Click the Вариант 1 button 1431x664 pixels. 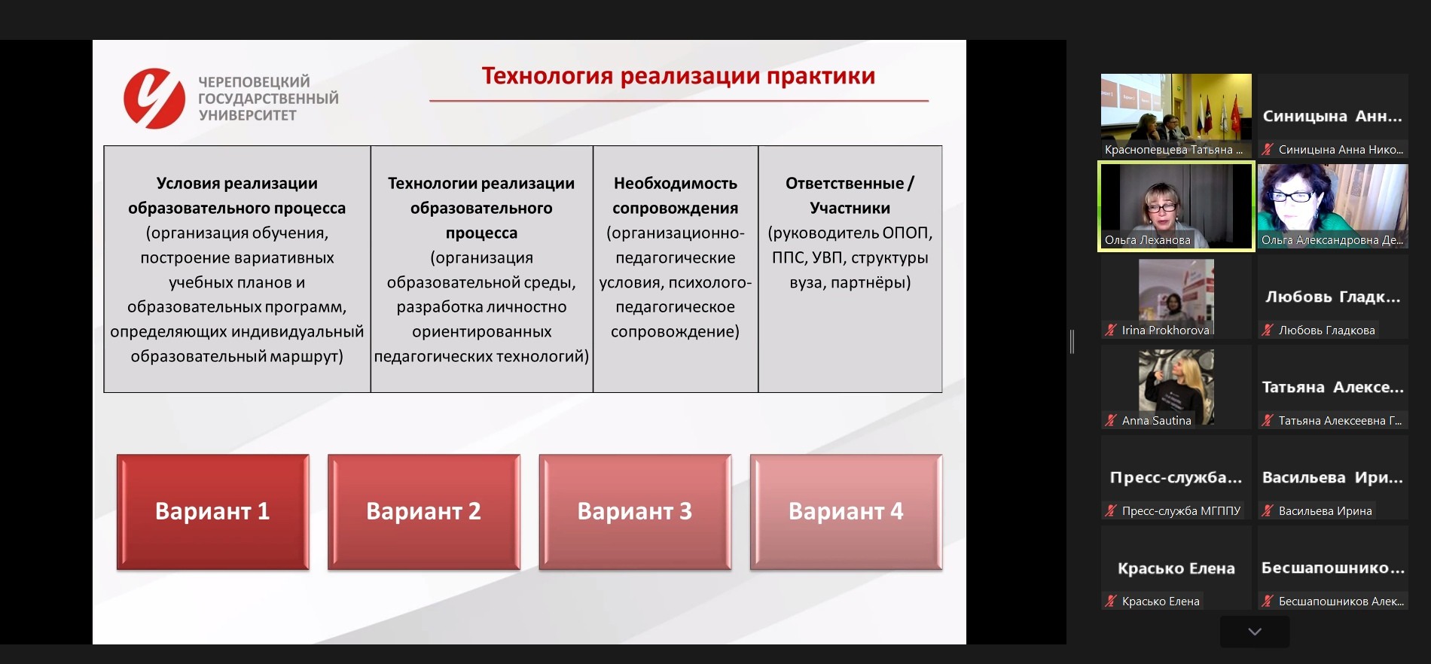point(212,511)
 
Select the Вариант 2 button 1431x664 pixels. point(423,511)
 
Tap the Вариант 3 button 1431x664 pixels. point(634,511)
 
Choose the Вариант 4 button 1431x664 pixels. point(845,511)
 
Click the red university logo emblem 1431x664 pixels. point(154,99)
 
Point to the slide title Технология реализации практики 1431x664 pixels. point(678,76)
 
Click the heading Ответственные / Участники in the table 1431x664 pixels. point(850,195)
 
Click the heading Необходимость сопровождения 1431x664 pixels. point(675,195)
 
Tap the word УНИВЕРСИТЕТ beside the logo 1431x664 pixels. point(248,115)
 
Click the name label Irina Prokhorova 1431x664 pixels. point(1164,330)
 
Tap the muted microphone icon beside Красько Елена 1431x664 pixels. point(1111,601)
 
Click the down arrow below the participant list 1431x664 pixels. point(1254,632)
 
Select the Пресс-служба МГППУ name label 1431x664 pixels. point(1180,510)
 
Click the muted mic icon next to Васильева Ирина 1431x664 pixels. point(1268,510)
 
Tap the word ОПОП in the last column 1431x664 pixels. point(907,233)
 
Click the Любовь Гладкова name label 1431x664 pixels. point(1326,330)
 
